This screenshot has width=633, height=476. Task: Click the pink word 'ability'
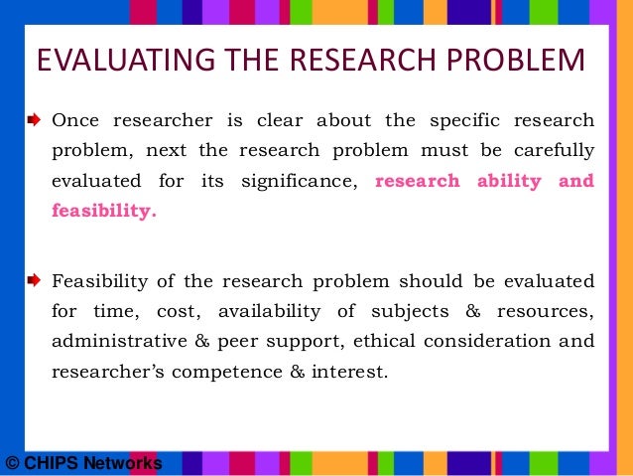pos(506,181)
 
